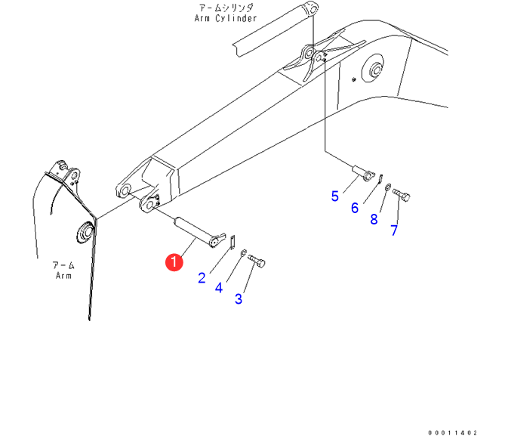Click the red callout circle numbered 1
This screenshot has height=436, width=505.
(174, 262)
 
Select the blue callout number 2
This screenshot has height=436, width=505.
(202, 277)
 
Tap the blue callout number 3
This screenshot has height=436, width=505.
(239, 298)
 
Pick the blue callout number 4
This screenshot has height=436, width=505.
(220, 287)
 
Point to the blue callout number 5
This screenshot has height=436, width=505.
(335, 196)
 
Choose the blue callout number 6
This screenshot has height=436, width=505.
(354, 207)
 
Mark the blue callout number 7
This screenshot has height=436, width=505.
(393, 230)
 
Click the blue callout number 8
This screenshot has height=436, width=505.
(374, 219)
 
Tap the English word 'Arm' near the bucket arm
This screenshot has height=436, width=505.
(63, 276)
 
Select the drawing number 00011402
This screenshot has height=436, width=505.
(453, 432)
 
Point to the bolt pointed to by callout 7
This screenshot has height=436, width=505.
(402, 197)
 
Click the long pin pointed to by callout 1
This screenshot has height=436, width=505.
(196, 230)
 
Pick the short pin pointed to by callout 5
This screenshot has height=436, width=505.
(364, 173)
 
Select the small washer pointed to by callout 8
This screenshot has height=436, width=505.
(387, 187)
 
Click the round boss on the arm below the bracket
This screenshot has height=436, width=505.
(84, 232)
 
